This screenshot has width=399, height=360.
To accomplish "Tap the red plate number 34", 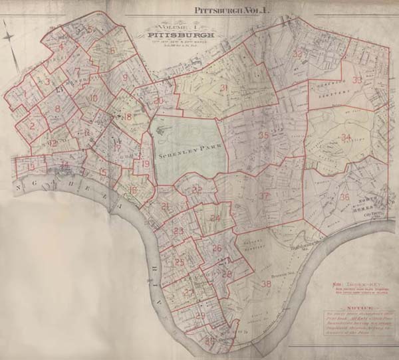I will (345, 137).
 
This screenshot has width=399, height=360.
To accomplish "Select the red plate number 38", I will (267, 284).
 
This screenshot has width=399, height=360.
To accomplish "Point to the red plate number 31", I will (224, 88).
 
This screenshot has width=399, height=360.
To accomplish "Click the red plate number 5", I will (89, 30).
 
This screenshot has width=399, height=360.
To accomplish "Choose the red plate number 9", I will (124, 78).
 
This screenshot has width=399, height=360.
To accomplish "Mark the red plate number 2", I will (32, 126).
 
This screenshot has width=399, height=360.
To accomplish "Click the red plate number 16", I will (134, 191).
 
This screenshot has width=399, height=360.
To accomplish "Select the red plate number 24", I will (215, 218).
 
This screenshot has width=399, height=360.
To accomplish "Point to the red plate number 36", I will (344, 197).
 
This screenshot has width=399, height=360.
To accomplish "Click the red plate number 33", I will (357, 80).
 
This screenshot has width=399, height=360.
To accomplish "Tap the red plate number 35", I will (263, 135).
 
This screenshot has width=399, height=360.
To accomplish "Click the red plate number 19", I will (146, 164).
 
